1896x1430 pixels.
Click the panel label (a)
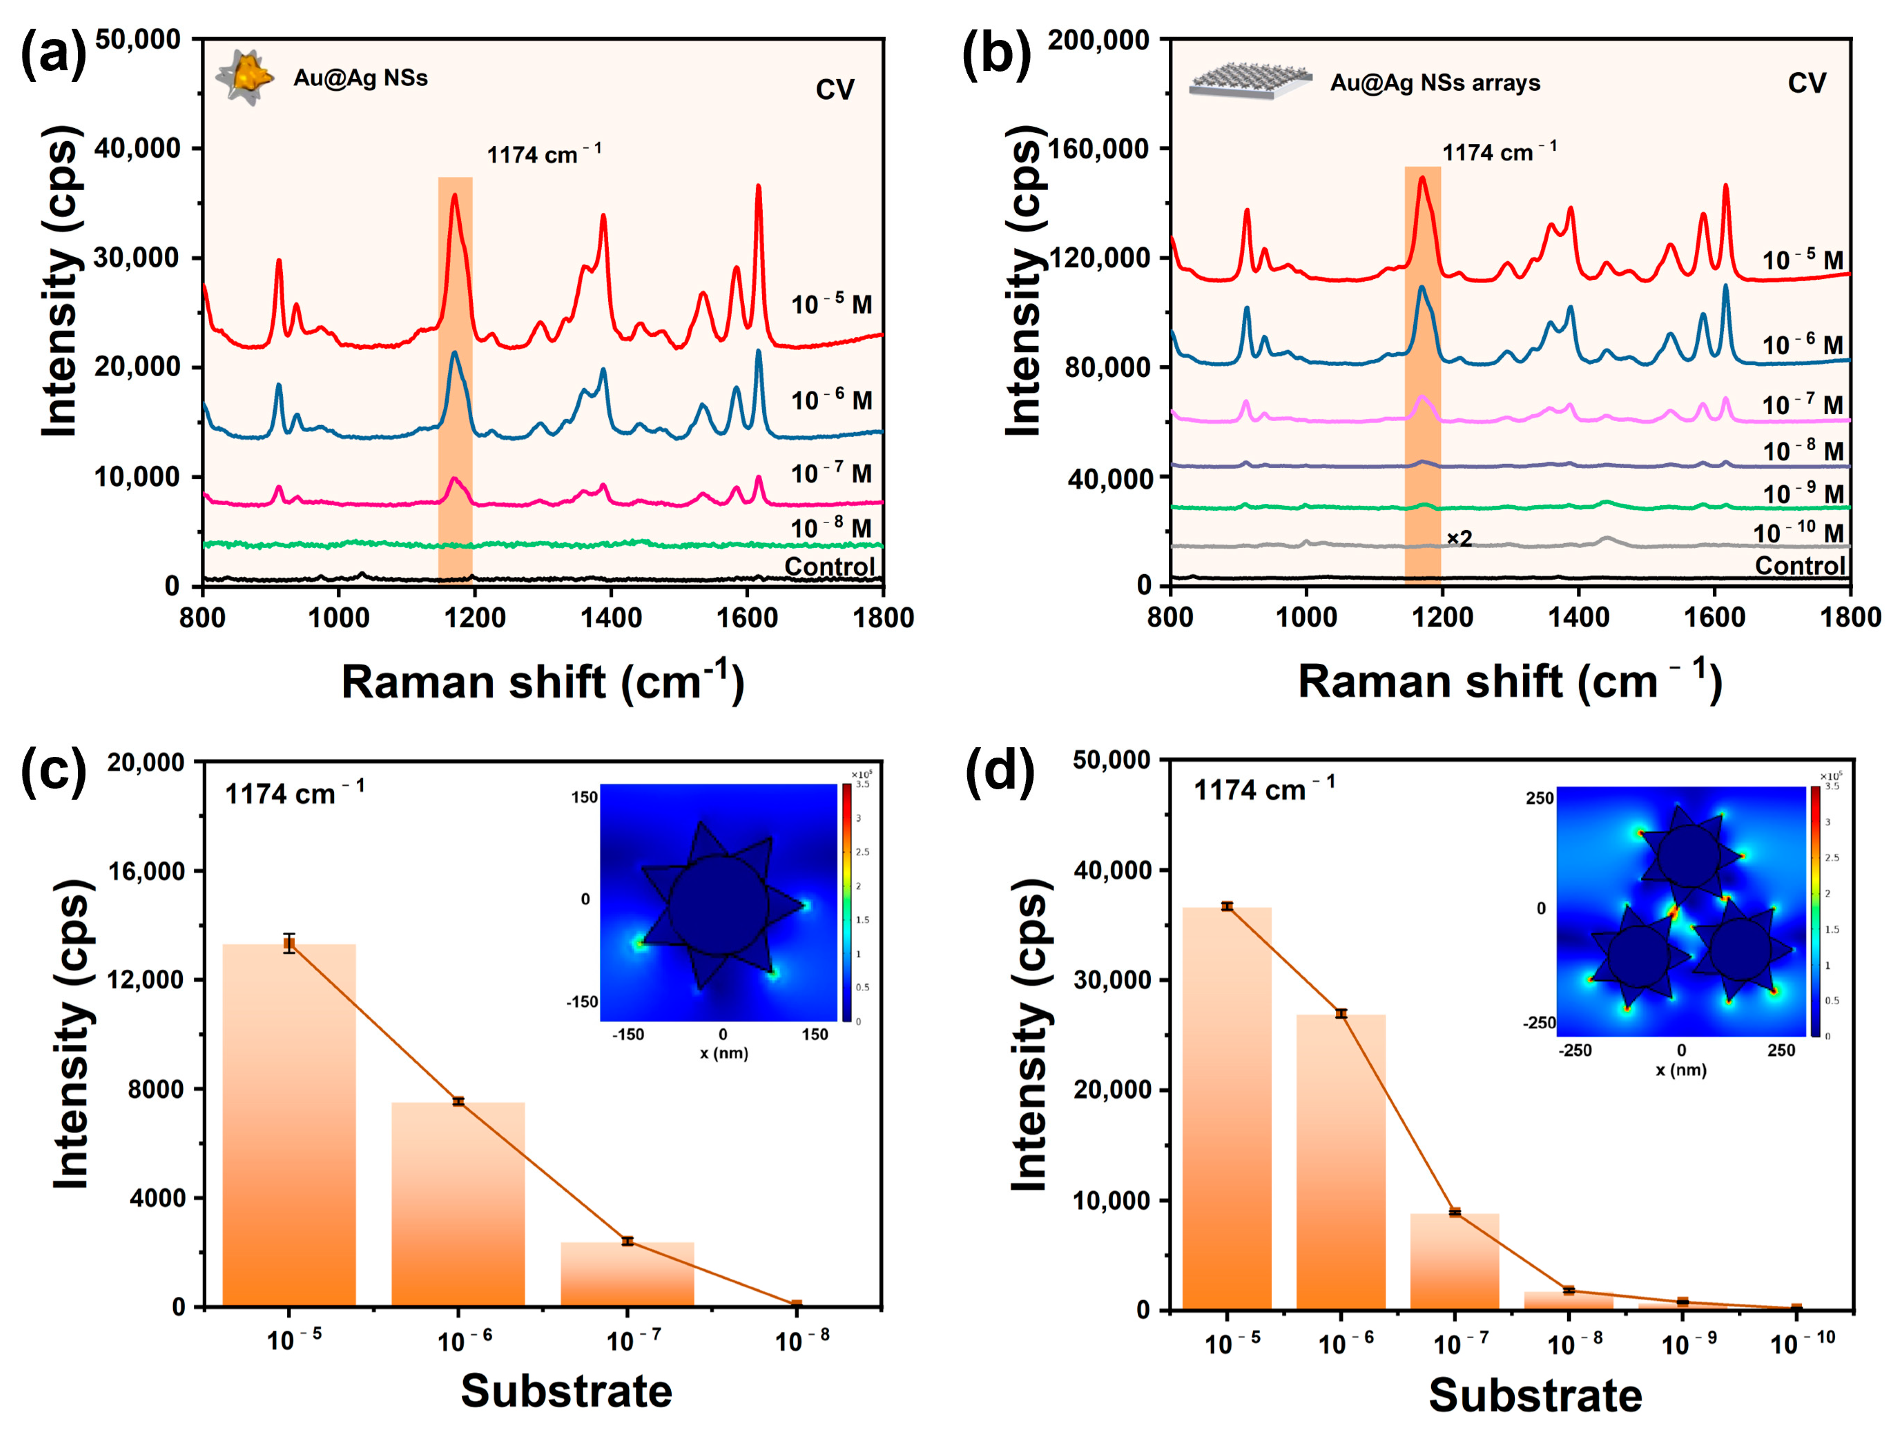53,53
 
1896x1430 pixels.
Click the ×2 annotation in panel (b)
1459,538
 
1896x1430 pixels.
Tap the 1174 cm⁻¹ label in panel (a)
544,154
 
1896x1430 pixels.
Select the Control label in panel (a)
829,566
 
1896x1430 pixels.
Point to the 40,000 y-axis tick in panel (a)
137,148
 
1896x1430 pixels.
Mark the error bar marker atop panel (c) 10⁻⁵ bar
289,943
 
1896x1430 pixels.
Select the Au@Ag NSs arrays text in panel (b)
1434,83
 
